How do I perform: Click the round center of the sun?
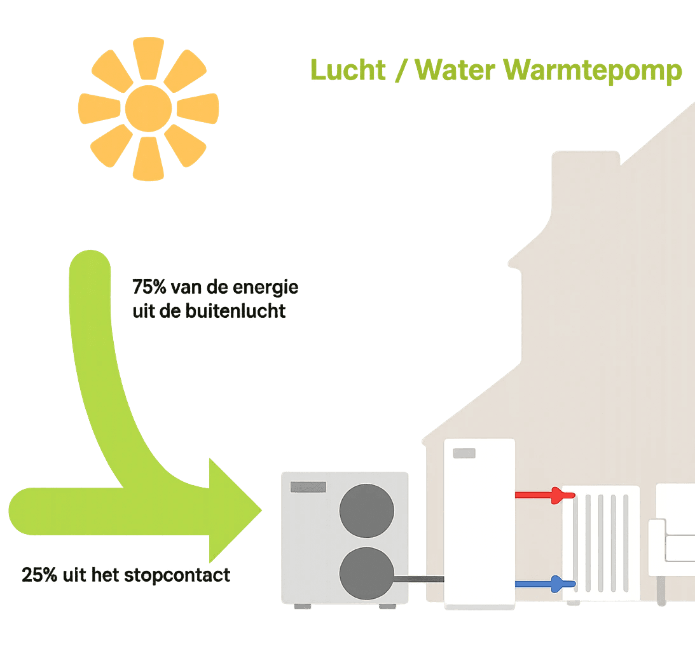pos(148,110)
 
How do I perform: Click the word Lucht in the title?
pos(348,70)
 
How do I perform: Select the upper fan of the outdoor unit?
pos(366,512)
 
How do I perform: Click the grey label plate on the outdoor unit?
pos(308,487)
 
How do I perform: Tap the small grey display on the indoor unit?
pos(464,453)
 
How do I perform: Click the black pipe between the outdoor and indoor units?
pos(420,579)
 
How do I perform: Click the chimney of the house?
pos(585,184)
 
